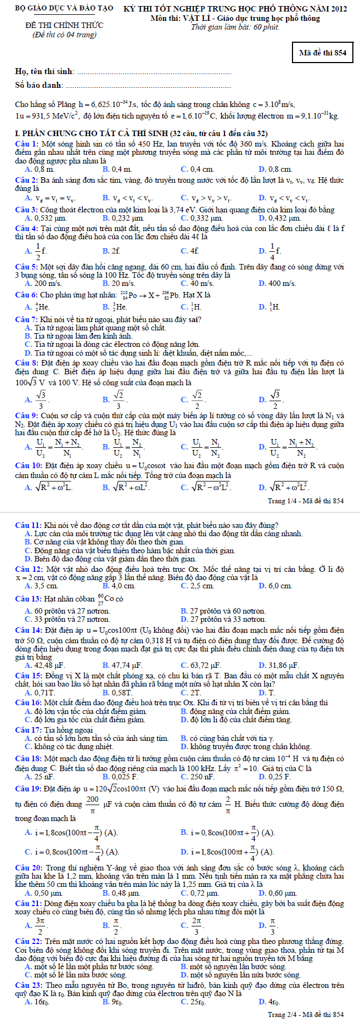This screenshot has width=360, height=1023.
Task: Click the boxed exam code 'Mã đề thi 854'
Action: [x=323, y=53]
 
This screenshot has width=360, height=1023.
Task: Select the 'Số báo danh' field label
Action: [x=38, y=85]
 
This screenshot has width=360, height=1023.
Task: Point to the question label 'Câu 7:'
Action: [x=26, y=319]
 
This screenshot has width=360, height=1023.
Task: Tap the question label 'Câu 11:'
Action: [x=28, y=525]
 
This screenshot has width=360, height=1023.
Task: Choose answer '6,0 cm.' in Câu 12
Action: [x=280, y=586]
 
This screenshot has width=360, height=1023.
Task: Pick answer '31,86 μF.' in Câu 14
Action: [x=283, y=665]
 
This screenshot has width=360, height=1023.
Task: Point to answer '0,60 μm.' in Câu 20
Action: [x=282, y=893]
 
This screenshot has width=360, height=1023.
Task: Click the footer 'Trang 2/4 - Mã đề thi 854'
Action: [x=306, y=1015]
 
